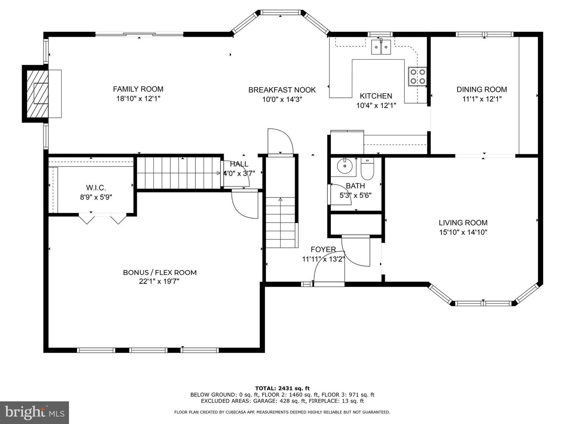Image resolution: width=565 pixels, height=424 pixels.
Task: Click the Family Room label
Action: (x=138, y=89)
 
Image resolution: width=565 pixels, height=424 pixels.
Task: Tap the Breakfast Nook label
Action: (x=282, y=90)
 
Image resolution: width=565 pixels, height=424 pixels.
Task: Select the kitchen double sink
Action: (x=381, y=47)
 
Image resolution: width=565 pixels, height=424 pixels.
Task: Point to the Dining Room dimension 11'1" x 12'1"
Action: (x=482, y=99)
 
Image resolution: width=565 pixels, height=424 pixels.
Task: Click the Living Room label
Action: (x=463, y=223)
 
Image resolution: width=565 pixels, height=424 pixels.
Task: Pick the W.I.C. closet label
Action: (x=96, y=188)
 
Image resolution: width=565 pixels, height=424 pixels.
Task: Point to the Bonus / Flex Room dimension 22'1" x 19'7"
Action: (x=159, y=281)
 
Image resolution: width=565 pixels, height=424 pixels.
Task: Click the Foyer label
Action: (x=323, y=249)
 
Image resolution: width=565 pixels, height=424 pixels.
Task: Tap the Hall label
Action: (x=239, y=164)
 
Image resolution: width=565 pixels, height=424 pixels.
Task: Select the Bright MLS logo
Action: (x=35, y=412)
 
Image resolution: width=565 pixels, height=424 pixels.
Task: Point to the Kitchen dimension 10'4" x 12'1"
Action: (x=376, y=105)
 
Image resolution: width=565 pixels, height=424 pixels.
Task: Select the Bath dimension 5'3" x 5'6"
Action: (x=355, y=195)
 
